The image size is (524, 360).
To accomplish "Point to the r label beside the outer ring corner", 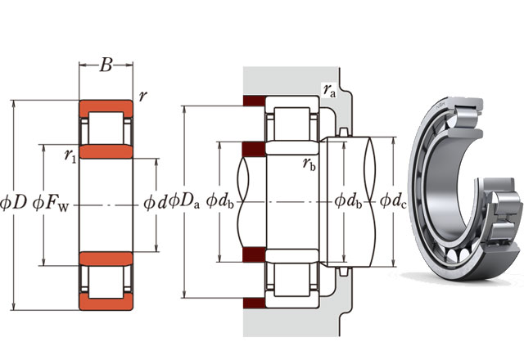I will [143, 96].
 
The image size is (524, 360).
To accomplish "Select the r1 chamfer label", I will [70, 154].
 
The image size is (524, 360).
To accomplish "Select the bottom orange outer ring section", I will [106, 304].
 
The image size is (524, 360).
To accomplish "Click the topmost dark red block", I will [252, 104].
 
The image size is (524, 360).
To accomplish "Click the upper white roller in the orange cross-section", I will [106, 129].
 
